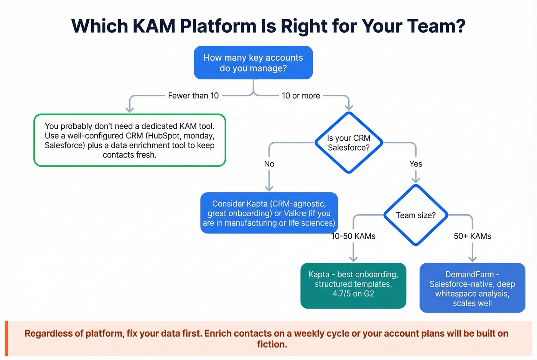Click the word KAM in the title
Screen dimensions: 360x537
tap(154, 26)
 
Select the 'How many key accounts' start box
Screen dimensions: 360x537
tap(253, 63)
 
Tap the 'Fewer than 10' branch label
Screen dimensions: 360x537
tap(193, 96)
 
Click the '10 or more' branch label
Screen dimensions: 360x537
tap(301, 96)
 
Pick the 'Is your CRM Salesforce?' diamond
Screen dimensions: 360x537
tap(349, 143)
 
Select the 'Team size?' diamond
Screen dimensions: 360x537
tap(416, 215)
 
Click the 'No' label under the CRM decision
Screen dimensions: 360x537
tap(269, 164)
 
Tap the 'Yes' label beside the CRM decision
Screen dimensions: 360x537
tap(415, 164)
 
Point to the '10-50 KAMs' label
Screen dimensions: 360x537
tap(353, 236)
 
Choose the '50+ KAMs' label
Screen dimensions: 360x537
tap(472, 236)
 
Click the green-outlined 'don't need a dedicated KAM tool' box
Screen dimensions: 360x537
tap(130, 140)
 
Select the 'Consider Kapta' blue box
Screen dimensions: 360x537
tap(269, 213)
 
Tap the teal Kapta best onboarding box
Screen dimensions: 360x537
tap(353, 286)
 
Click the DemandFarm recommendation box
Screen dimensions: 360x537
tap(472, 288)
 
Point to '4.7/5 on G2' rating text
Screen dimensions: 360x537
tap(353, 294)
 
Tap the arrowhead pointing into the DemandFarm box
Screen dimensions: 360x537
tap(473, 259)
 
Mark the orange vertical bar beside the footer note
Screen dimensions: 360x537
tap(6, 339)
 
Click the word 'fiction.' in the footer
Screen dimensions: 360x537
tap(272, 345)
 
